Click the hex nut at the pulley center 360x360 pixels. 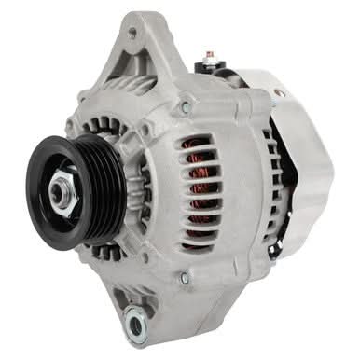[x=62, y=192]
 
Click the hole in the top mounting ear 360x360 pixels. [x=132, y=34]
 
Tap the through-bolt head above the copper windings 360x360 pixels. [x=185, y=109]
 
